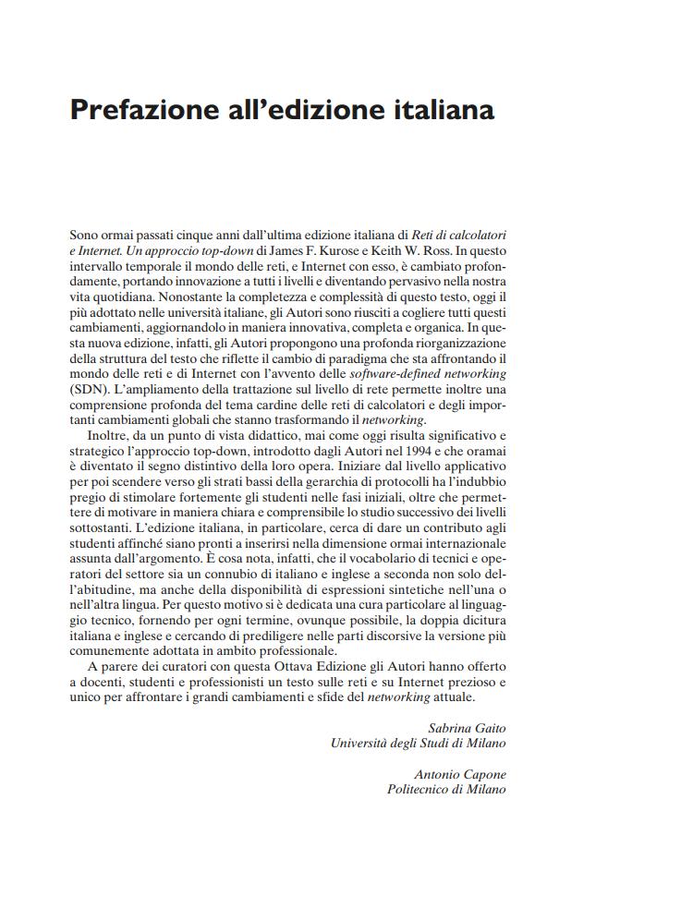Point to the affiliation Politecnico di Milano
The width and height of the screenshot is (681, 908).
tap(446, 790)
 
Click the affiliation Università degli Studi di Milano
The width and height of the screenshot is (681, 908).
tap(418, 743)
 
